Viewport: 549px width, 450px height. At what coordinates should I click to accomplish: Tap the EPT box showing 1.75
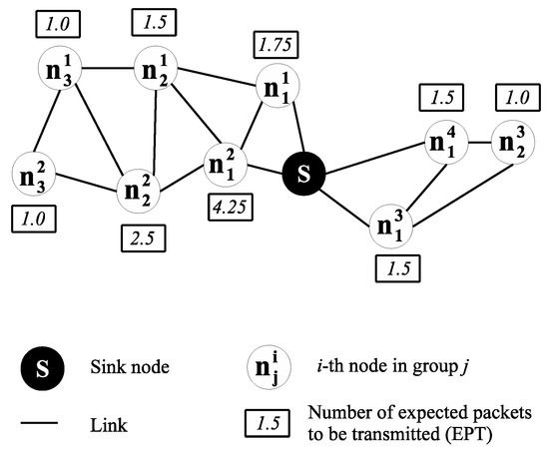pos(276,45)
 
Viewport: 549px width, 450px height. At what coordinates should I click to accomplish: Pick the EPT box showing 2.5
pos(138,237)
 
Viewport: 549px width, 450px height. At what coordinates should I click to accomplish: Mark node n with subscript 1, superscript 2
pos(226,164)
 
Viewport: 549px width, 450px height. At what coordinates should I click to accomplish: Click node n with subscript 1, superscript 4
pos(445,141)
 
